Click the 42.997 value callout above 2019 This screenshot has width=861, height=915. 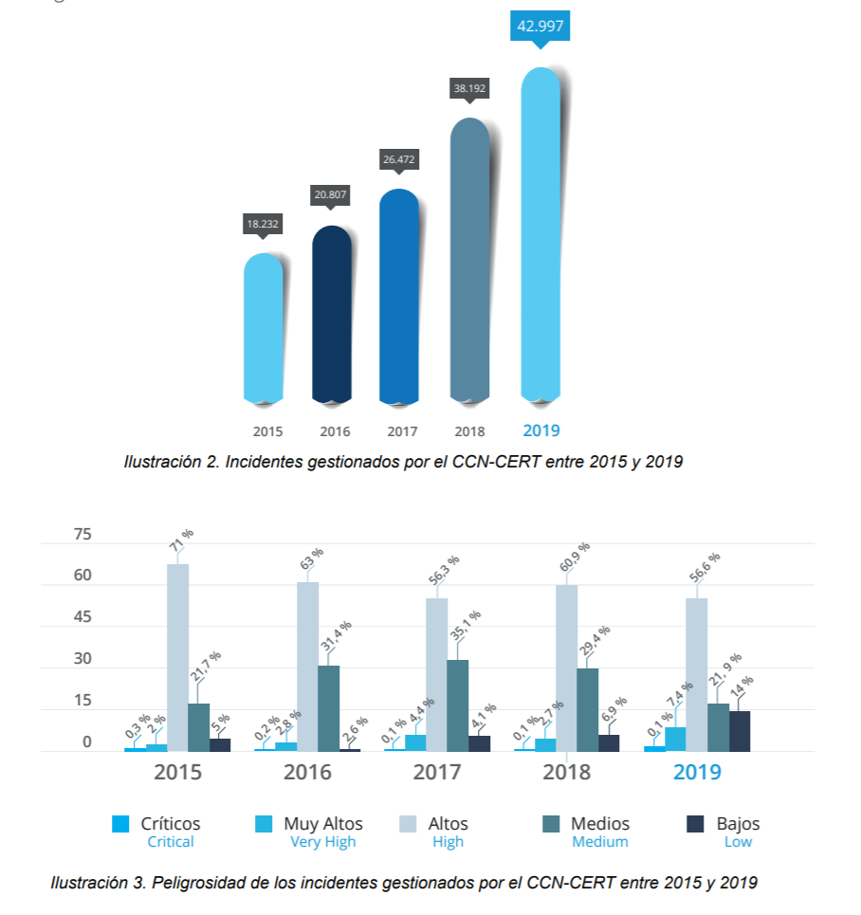click(x=540, y=27)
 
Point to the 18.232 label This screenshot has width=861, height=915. click(x=264, y=225)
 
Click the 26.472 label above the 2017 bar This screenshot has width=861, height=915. click(x=399, y=160)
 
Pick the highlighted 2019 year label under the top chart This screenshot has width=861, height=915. click(x=541, y=430)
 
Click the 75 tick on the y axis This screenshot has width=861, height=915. click(x=82, y=535)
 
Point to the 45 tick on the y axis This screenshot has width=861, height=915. click(x=82, y=617)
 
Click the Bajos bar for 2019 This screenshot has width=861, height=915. click(x=740, y=731)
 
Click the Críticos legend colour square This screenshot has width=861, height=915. click(x=120, y=824)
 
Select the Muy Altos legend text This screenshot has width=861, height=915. click(x=323, y=824)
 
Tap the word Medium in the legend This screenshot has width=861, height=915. click(x=599, y=842)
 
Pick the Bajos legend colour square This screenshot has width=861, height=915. click(x=695, y=824)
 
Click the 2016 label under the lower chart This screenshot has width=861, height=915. click(x=307, y=772)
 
